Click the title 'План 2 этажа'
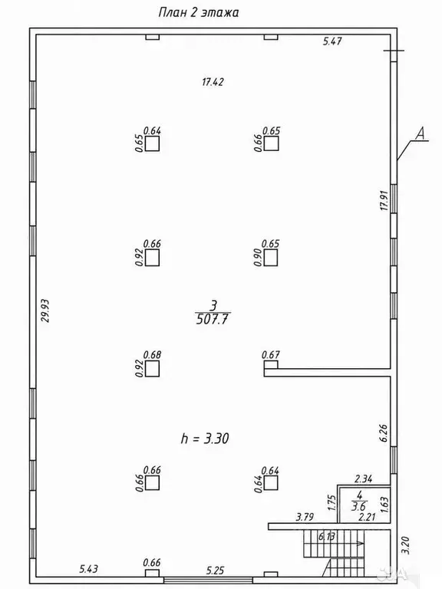[199, 13]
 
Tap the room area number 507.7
[213, 319]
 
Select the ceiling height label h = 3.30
[205, 439]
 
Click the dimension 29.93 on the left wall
[45, 311]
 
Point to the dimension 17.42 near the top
[213, 82]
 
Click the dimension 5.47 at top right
[332, 41]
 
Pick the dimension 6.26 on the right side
[384, 433]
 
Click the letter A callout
[421, 133]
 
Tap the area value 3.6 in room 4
[358, 506]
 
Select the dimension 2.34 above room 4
[364, 479]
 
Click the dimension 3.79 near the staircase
[305, 517]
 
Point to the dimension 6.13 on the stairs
[326, 536]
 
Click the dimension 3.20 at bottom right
[405, 545]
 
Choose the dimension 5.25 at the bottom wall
[215, 571]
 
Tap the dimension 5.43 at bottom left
[89, 569]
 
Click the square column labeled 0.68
[152, 368]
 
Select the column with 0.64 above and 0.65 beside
[152, 143]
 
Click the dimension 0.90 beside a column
[258, 258]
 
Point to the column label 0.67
[271, 354]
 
